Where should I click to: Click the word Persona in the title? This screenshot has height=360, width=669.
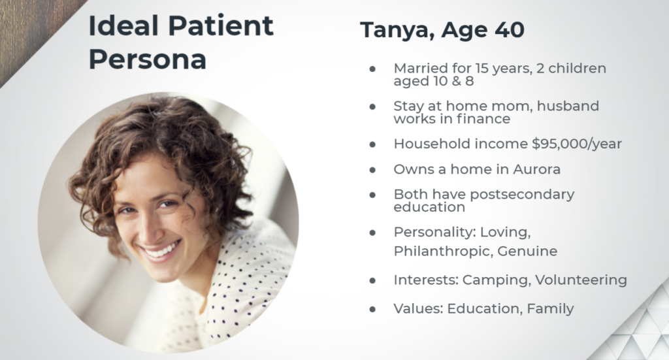pos(148,59)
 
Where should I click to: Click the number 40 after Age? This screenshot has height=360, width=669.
pos(510,30)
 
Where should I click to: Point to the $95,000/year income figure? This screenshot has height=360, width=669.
pos(577,144)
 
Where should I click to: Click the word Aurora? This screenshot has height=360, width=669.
pos(537,169)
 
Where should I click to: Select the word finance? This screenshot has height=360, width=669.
pos(483,118)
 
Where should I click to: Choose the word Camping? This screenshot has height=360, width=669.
pos(497,280)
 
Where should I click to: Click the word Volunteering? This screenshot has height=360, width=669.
pos(581,280)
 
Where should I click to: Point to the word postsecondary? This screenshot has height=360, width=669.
pos(522,195)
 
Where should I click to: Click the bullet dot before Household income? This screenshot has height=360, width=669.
pos(372,144)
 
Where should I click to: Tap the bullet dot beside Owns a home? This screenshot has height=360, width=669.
pos(372,170)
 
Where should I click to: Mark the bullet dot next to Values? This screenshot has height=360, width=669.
pos(372,309)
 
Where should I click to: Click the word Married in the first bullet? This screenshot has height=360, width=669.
pos(420,68)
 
